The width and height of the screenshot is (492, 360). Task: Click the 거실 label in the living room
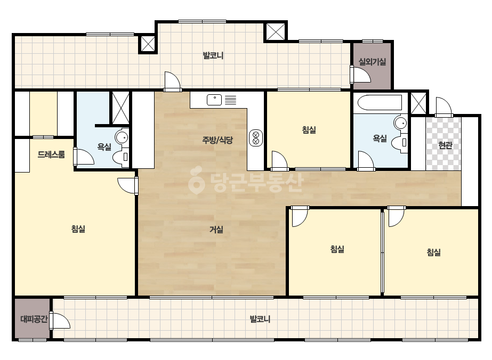[x=216, y=230]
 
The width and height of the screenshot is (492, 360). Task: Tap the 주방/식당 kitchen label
[x=217, y=140]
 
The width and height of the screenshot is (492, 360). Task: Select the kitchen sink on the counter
[x=214, y=100]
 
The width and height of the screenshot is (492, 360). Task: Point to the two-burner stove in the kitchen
[x=256, y=138]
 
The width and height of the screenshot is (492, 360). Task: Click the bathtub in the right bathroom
[x=380, y=103]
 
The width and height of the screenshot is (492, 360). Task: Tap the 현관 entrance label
[x=445, y=145]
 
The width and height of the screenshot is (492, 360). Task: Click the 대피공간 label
[x=34, y=319]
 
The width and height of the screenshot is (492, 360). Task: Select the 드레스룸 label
[x=51, y=154]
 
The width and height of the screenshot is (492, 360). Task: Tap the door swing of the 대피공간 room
[x=60, y=321]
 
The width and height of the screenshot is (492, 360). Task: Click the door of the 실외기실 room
[x=360, y=75]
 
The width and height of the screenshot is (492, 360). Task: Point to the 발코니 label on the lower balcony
[x=260, y=319]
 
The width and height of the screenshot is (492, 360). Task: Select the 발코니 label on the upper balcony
[x=213, y=56]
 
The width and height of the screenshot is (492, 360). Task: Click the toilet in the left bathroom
[x=120, y=157]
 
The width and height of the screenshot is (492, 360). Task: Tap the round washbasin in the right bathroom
[x=400, y=122]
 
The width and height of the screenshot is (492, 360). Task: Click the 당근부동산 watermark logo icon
[x=196, y=181]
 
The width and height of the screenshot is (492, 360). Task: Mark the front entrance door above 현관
[x=444, y=107]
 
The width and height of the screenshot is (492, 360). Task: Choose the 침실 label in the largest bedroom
[x=78, y=229]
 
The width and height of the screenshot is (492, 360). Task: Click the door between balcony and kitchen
[x=173, y=81]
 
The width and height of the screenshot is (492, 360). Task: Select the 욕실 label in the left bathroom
[x=104, y=147]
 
